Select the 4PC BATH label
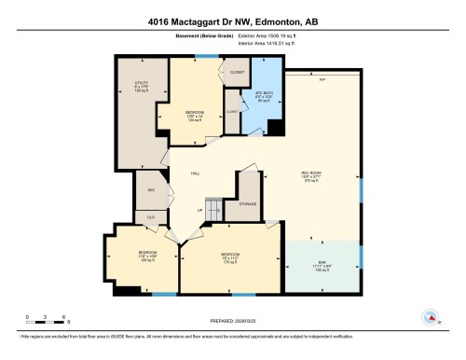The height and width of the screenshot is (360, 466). [263, 97]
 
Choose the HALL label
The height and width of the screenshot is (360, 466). [196, 174]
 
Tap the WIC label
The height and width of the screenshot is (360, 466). [150, 190]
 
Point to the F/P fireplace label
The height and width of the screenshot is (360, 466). [322, 79]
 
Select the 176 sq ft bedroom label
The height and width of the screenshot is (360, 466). [231, 258]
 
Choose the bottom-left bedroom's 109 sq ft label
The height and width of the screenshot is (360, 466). [147, 256]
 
